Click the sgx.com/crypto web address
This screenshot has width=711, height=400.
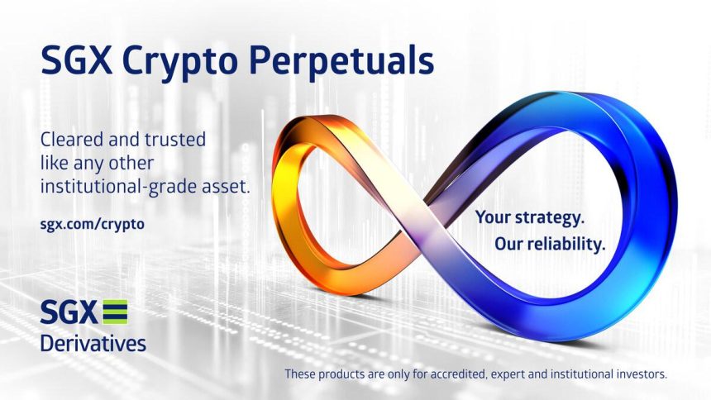[92, 224]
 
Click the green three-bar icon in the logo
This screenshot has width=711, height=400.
[115, 313]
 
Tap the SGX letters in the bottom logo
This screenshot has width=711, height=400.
[68, 313]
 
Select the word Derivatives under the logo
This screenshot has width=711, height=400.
[93, 341]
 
